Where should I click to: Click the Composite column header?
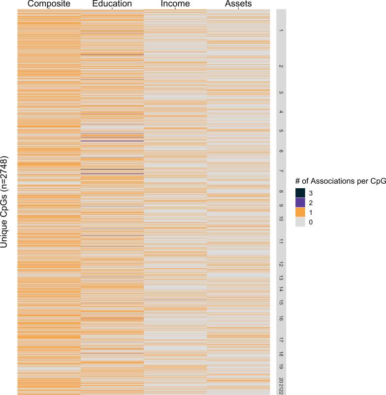pyautogui.click(x=49, y=4)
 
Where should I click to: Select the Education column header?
pyautogui.click(x=112, y=4)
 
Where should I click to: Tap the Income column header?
pyautogui.click(x=175, y=4)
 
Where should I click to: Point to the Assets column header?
pyautogui.click(x=238, y=4)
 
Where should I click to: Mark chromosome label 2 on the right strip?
pyautogui.click(x=281, y=66)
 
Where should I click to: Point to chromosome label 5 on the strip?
pyautogui.click(x=281, y=131)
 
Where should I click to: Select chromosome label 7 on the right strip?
pyautogui.click(x=281, y=171)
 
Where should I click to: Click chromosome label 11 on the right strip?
pyautogui.click(x=281, y=241)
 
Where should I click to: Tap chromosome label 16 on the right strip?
pyautogui.click(x=281, y=318)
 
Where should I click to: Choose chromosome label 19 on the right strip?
pyautogui.click(x=281, y=367)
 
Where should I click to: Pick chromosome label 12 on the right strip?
pyautogui.click(x=281, y=264)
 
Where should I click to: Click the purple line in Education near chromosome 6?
pyautogui.click(x=112, y=141)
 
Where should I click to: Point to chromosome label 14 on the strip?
pyautogui.click(x=281, y=290)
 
